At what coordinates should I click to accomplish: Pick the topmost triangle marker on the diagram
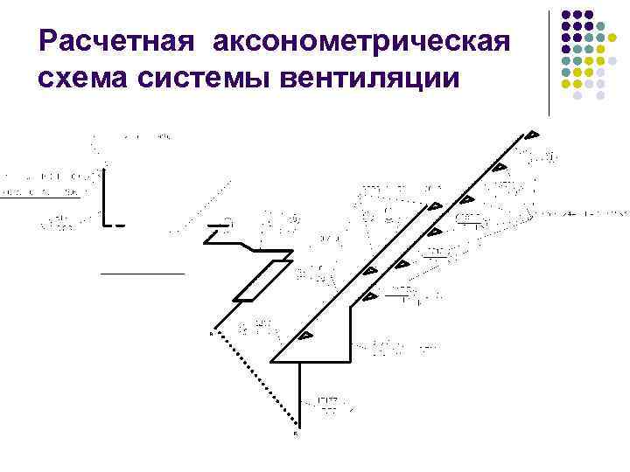pos(531,135)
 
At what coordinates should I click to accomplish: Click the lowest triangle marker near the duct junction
pos(306,336)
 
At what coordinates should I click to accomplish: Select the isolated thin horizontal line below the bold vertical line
pos(143,274)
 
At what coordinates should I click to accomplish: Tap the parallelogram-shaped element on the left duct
pos(257,281)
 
